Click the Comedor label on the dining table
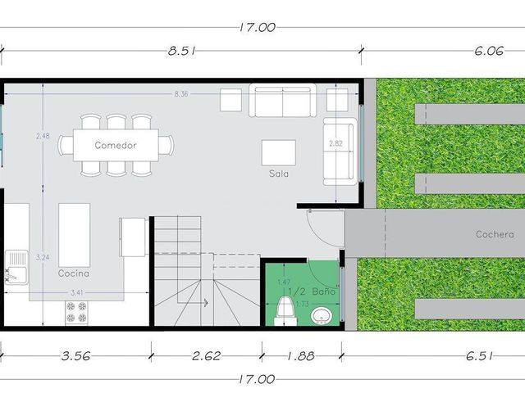tap(116, 146)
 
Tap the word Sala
tap(279, 174)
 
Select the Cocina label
tap(74, 273)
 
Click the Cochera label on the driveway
tap(495, 234)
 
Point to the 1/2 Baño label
tap(312, 291)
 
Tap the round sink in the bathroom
tap(321, 316)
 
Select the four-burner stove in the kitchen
tap(76, 313)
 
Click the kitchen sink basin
tap(16, 268)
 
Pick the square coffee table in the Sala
tap(279, 153)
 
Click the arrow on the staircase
tap(192, 303)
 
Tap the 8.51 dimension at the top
tap(181, 51)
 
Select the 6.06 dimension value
tap(489, 51)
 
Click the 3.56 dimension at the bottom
tap(75, 356)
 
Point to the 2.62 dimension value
tap(206, 356)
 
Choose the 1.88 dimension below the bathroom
tap(301, 356)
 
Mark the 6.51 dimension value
tap(479, 356)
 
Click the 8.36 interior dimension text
tap(181, 94)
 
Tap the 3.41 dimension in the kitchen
tap(76, 293)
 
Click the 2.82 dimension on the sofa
tap(336, 143)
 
